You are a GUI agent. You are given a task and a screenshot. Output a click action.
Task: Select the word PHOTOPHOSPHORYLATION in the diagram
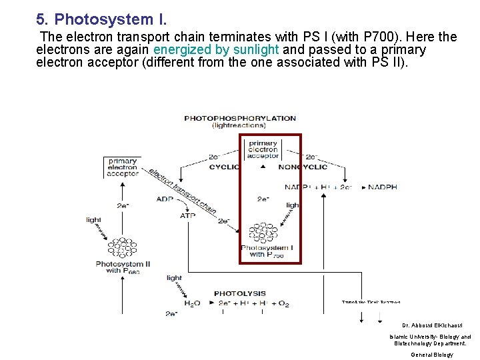pyautogui.click(x=240, y=118)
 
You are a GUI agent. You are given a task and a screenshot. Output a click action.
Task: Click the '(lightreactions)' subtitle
pyautogui.click(x=240, y=125)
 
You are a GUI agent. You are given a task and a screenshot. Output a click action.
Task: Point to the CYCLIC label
pyautogui.click(x=224, y=167)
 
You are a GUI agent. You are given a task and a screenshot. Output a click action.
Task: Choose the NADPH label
pyautogui.click(x=383, y=187)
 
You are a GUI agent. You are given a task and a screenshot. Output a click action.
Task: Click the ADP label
pyautogui.click(x=165, y=199)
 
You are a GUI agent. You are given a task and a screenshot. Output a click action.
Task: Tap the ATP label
pyautogui.click(x=187, y=215)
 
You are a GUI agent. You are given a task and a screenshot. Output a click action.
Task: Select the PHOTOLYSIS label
pyautogui.click(x=239, y=293)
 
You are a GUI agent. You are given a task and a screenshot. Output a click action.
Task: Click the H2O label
pyautogui.click(x=191, y=304)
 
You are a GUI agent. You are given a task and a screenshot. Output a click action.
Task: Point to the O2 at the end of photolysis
pyautogui.click(x=283, y=304)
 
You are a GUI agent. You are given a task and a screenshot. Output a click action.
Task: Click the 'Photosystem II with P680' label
pyautogui.click(x=123, y=267)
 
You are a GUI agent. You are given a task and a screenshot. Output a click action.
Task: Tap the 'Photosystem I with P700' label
pyautogui.click(x=267, y=251)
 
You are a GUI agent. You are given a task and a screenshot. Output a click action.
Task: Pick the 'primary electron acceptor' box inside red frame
pyautogui.click(x=263, y=149)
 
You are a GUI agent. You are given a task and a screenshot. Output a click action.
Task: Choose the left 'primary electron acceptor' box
pyautogui.click(x=123, y=167)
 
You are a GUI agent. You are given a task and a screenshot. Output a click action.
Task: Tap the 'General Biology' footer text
pyautogui.click(x=431, y=355)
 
